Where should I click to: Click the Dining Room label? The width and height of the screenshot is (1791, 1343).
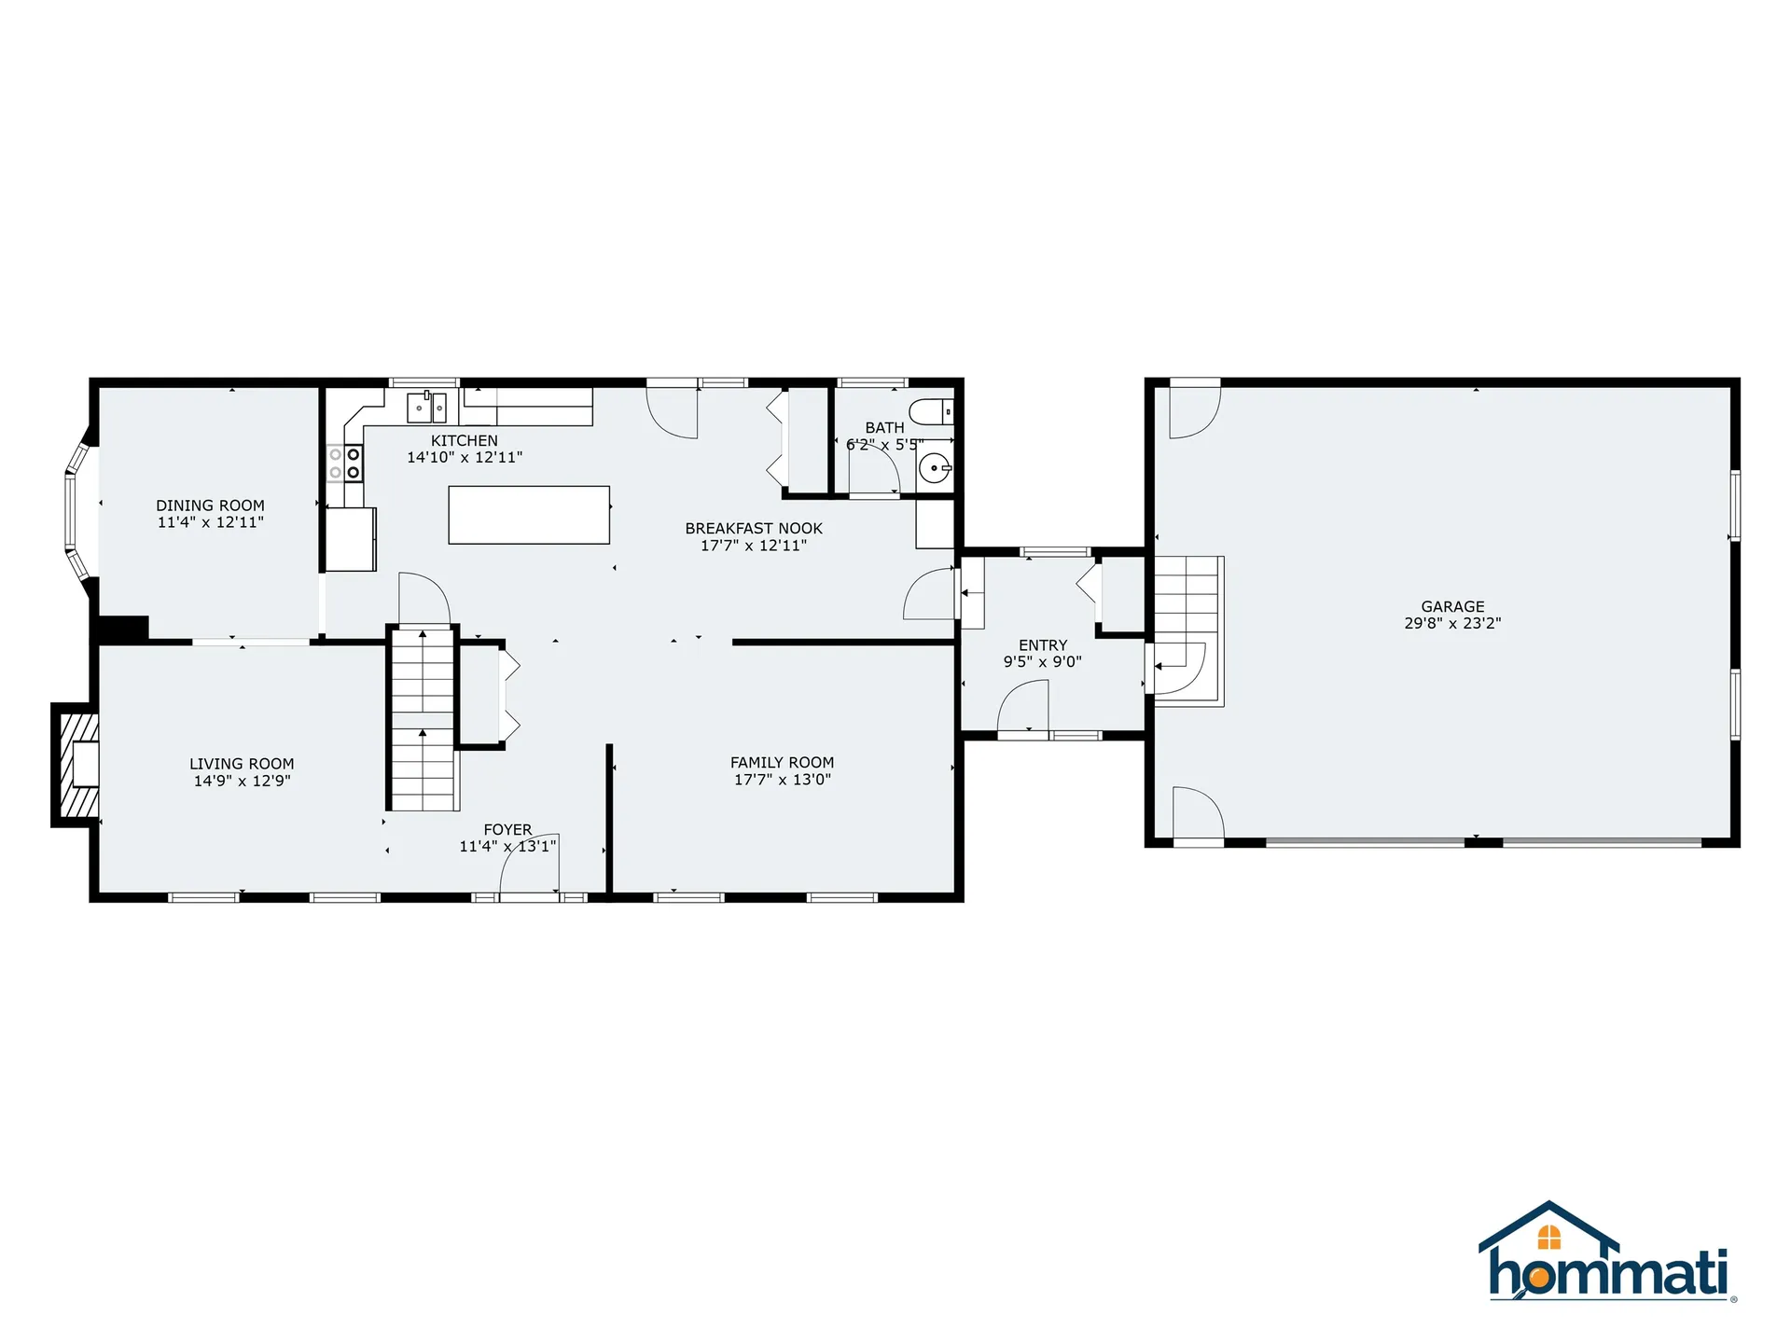[x=210, y=505]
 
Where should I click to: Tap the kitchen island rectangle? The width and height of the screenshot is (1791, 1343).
[x=529, y=515]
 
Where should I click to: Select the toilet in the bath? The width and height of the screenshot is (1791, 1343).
[x=931, y=411]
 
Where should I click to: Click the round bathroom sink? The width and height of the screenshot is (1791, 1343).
[x=934, y=468]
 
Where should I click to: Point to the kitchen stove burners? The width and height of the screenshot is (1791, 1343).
[x=344, y=463]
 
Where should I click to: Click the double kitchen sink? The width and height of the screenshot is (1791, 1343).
[x=426, y=408]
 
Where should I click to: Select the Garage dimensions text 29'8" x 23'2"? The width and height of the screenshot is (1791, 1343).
[x=1452, y=623]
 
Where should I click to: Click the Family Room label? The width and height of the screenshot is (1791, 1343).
[x=782, y=763]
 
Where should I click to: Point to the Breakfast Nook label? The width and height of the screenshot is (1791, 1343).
[x=754, y=529]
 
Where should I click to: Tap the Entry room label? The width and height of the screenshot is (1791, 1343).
[x=1043, y=645]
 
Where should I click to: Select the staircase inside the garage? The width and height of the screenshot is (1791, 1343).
[x=1187, y=630]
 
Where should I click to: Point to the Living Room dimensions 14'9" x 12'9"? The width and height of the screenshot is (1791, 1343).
[x=242, y=781]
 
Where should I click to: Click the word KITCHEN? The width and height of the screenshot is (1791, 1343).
[x=464, y=440]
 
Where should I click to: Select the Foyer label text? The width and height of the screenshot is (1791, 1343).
[x=507, y=829]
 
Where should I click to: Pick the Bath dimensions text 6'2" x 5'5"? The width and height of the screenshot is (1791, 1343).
[x=884, y=445]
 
